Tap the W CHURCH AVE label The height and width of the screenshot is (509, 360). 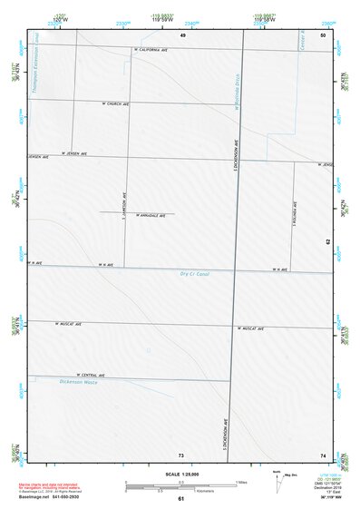(118, 104)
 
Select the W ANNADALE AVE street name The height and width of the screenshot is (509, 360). (151, 215)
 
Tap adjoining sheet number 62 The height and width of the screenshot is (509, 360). (327, 242)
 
